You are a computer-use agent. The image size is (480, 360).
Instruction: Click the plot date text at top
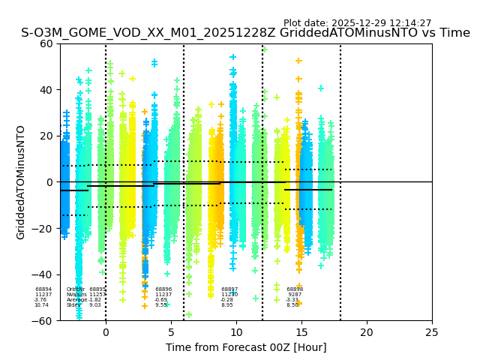click(x=357, y=23)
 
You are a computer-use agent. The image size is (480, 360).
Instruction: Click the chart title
click(x=245, y=33)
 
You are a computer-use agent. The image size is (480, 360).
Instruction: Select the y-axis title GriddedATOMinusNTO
click(x=21, y=182)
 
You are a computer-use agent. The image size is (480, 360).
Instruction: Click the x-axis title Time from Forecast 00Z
click(x=246, y=347)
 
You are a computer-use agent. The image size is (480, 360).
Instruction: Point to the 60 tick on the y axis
click(x=47, y=43)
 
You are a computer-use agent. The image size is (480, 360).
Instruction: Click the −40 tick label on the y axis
click(x=44, y=274)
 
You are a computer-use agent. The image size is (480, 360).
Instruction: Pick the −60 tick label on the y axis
click(x=44, y=321)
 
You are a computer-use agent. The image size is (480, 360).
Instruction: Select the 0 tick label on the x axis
click(x=106, y=332)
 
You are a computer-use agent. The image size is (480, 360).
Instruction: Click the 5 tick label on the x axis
click(x=171, y=332)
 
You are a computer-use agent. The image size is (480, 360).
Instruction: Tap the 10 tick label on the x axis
click(x=236, y=332)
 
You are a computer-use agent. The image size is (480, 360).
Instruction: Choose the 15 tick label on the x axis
click(x=301, y=332)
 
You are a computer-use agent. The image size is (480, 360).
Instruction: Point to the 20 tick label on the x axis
click(x=367, y=332)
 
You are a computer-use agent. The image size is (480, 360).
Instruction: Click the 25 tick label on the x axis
click(x=432, y=332)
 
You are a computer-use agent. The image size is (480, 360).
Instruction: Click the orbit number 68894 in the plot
click(x=43, y=289)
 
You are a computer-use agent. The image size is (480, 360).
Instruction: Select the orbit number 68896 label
click(x=163, y=289)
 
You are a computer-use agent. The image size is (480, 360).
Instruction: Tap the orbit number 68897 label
click(x=229, y=289)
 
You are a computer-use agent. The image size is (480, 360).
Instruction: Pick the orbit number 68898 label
click(x=295, y=289)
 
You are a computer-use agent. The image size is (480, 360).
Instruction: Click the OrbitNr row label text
click(x=75, y=289)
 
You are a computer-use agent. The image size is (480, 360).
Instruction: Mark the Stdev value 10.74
click(x=41, y=305)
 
